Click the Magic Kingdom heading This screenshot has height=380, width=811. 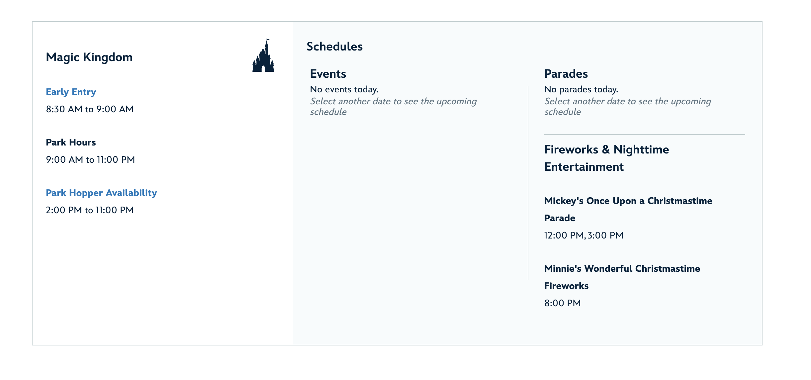click(x=89, y=57)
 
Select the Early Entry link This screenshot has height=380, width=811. click(x=71, y=92)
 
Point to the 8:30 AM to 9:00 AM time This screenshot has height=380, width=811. click(x=90, y=109)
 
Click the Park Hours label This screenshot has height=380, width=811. click(x=71, y=142)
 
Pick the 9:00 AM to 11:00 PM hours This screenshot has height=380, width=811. click(x=90, y=160)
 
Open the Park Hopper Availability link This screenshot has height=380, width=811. click(x=101, y=193)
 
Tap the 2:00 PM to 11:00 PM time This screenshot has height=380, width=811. click(x=90, y=210)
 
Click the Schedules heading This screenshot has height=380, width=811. click(x=334, y=47)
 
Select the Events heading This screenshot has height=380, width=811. click(x=328, y=74)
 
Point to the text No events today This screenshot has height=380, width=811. click(x=344, y=89)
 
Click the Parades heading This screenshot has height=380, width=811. click(x=566, y=74)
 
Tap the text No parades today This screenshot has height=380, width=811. click(x=581, y=89)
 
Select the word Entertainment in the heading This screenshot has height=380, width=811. click(x=584, y=167)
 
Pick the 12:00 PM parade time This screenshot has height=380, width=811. click(x=564, y=236)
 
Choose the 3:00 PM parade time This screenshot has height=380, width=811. click(x=605, y=236)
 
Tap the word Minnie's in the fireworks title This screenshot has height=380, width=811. click(x=563, y=269)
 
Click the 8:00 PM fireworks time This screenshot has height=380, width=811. click(x=563, y=303)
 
